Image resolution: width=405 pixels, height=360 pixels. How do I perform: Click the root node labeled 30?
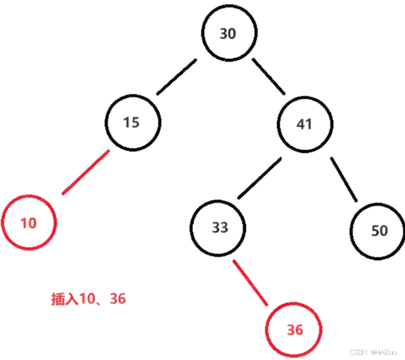(228, 34)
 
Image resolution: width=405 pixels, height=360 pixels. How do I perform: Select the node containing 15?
(133, 122)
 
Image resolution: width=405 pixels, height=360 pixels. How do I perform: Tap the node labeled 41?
(304, 123)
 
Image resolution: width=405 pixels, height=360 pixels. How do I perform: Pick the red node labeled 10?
(29, 223)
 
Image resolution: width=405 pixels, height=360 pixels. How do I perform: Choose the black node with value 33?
(219, 227)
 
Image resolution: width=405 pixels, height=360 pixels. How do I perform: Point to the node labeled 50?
(378, 231)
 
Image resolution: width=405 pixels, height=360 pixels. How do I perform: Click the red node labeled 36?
(294, 329)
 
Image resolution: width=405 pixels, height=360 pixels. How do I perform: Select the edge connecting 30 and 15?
(177, 77)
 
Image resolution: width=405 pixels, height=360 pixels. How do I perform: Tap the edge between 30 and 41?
(269, 76)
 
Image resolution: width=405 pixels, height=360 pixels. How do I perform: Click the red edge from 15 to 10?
(86, 172)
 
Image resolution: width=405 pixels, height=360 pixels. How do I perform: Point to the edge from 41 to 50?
(344, 180)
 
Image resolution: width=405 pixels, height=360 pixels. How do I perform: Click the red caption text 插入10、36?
(89, 299)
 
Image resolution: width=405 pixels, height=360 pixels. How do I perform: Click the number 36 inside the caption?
(118, 299)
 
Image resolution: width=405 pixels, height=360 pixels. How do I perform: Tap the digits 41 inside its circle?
(304, 123)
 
